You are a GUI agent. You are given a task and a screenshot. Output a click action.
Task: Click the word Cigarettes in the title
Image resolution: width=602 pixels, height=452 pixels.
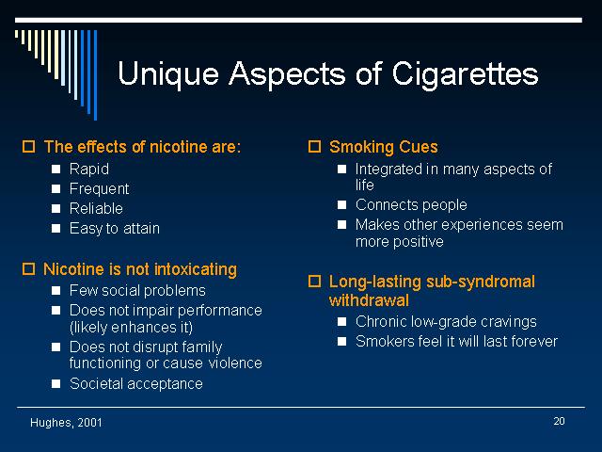click(x=465, y=73)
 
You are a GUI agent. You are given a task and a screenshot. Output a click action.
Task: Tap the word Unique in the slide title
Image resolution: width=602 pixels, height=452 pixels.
click(x=168, y=73)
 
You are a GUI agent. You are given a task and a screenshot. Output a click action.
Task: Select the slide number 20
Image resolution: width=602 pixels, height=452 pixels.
click(x=559, y=421)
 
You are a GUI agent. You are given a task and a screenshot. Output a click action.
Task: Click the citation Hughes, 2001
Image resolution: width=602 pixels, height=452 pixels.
click(x=66, y=423)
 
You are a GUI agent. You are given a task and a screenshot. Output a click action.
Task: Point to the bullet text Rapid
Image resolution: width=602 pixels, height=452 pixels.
click(x=89, y=169)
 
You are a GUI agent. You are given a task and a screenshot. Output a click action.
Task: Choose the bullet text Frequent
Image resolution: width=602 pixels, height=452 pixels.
click(x=99, y=188)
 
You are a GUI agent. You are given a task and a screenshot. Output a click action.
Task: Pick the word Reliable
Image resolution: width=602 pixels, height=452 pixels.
click(x=96, y=208)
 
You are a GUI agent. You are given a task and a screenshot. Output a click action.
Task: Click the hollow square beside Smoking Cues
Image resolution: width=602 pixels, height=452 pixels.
click(x=314, y=147)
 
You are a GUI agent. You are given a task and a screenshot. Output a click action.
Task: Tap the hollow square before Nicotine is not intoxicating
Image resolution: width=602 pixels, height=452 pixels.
click(x=28, y=268)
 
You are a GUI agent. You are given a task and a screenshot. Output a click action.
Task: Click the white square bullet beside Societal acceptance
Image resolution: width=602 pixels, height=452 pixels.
click(x=56, y=383)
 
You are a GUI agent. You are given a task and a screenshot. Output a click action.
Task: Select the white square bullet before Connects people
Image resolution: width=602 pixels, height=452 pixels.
click(x=341, y=204)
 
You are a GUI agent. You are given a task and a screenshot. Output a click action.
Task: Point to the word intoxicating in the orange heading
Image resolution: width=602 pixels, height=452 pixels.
click(x=196, y=269)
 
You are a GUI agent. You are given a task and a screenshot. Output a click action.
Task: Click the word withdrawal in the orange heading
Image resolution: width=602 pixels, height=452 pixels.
click(x=369, y=300)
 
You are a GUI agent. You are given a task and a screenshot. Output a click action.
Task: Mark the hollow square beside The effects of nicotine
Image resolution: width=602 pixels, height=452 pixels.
click(x=28, y=147)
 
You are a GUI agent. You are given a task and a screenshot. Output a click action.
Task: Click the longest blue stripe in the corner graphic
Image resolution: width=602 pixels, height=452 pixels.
click(x=96, y=75)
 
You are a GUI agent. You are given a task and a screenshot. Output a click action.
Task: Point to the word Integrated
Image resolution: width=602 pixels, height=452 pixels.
click(x=388, y=169)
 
